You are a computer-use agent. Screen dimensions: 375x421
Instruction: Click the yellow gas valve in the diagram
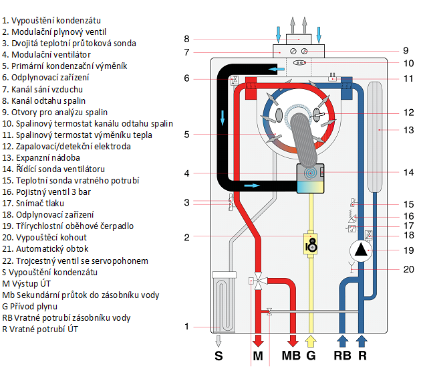coord(310,243)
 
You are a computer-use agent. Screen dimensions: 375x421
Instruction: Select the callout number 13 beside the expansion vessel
coord(409,130)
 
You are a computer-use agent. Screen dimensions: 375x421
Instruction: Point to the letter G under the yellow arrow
coord(310,354)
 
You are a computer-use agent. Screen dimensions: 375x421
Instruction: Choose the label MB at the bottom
coord(291,354)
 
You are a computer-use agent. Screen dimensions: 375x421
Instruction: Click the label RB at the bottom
coord(340,354)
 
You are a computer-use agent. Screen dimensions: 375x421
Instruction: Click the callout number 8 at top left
coord(187,38)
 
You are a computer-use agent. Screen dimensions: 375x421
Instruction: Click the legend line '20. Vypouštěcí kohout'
coord(44,238)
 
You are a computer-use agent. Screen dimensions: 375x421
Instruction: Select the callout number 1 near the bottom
coord(187,327)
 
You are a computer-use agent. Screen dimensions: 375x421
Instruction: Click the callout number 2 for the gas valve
coord(187,236)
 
